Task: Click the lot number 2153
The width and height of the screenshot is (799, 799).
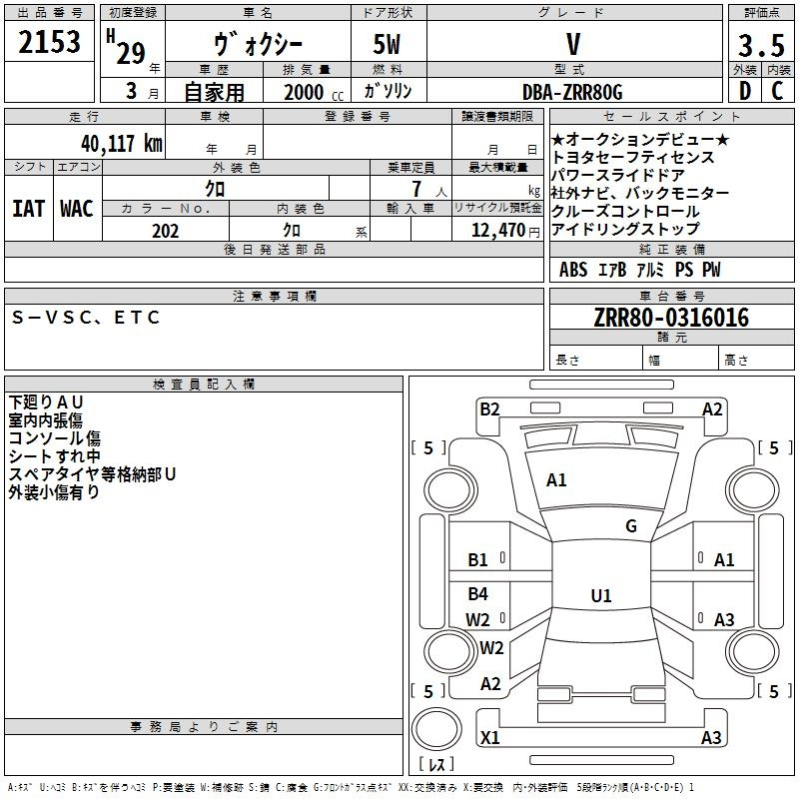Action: coord(49,43)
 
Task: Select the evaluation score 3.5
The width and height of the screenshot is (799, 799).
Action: coord(759,48)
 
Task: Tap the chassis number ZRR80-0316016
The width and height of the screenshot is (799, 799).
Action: coord(670,318)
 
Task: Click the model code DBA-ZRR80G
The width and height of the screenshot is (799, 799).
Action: coord(573,92)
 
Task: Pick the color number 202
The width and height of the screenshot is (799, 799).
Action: coord(165,231)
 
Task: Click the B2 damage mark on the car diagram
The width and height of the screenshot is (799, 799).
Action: coord(489,408)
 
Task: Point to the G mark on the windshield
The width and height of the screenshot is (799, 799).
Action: coord(631,526)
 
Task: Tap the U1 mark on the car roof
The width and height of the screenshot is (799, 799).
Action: coord(600,596)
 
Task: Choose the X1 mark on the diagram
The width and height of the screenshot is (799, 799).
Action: coord(490,738)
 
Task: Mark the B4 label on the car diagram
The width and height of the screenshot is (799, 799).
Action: coord(478,594)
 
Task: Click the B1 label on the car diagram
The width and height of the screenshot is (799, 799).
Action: coord(478,560)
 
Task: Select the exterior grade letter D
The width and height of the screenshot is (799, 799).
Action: coord(744,92)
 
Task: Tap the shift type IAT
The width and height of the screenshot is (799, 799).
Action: coord(28,208)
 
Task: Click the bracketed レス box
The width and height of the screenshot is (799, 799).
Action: coord(435,765)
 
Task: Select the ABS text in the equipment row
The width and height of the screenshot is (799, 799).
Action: coord(573,270)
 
